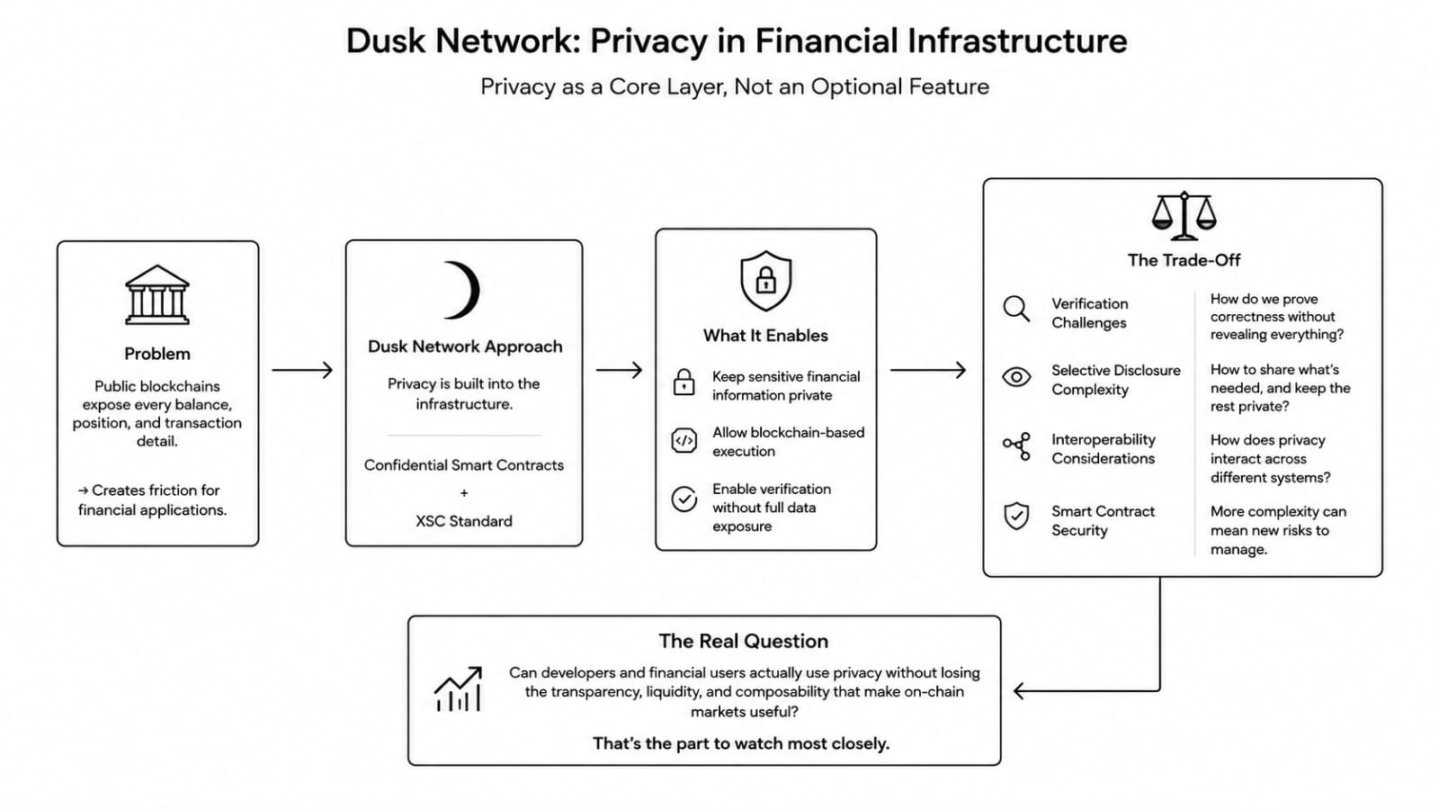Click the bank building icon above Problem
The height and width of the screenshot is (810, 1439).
pos(157,294)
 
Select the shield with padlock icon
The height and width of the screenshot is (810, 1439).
pos(765,281)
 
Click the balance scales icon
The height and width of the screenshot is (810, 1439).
pos(1184,215)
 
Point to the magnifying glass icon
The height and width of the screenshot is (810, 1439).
pos(1016,309)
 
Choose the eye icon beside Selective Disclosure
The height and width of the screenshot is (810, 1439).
pos(1016,377)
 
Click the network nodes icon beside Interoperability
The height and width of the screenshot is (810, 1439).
pos(1016,446)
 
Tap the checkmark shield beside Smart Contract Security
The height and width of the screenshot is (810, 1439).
pos(1016,516)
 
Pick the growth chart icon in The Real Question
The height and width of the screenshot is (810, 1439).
pos(458,688)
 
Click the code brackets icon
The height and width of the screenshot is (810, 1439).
pos(684,441)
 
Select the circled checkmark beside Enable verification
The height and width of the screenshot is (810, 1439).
pos(684,499)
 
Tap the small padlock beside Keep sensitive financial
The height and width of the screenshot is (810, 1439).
pos(684,382)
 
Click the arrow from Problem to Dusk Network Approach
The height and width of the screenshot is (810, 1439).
pos(302,370)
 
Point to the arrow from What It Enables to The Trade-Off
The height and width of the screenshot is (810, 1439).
pos(927,370)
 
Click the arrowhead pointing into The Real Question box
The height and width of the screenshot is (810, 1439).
pos(1019,691)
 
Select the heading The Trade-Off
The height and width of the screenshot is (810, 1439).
pos(1184,260)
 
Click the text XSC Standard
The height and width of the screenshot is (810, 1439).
pos(464,521)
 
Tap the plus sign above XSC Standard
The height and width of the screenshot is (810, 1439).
pos(464,493)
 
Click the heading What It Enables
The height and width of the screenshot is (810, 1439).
pos(765,336)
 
